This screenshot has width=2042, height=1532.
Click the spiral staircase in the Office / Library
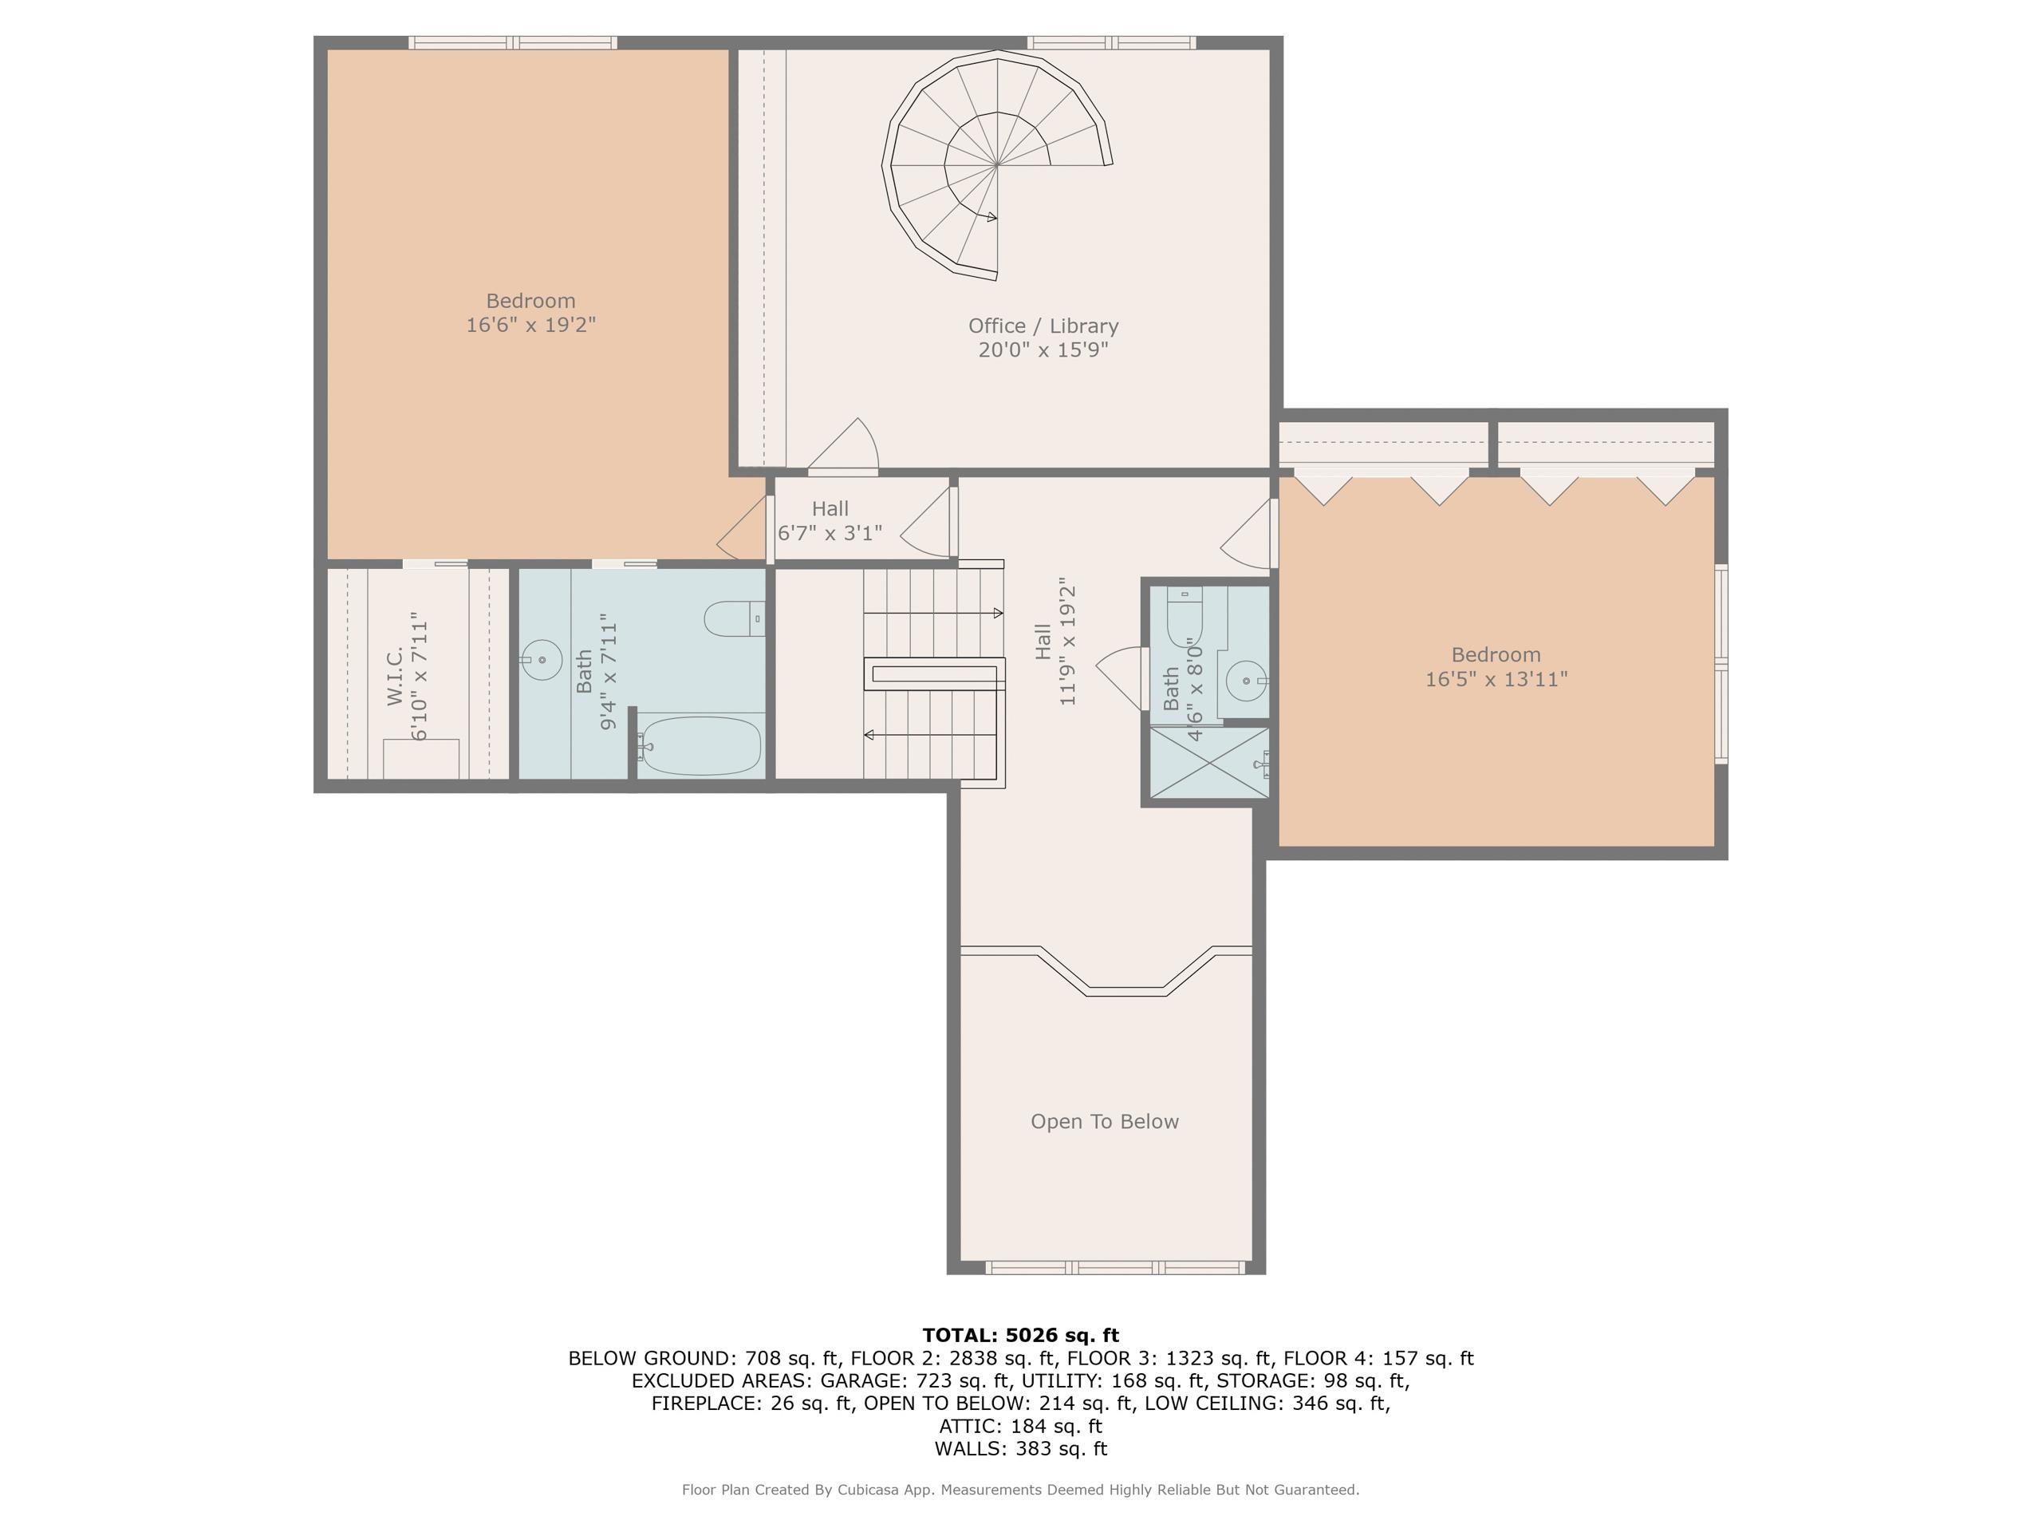point(996,164)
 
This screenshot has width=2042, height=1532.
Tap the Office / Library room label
point(1043,326)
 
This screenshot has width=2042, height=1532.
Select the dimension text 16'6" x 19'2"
point(530,325)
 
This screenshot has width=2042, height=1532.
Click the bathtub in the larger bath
point(700,745)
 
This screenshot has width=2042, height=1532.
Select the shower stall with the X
point(1209,763)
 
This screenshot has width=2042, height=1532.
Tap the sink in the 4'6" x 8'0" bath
point(1246,681)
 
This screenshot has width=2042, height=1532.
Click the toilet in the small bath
point(1185,611)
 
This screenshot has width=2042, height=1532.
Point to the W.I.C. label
point(395,676)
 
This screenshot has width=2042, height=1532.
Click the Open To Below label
point(1104,1121)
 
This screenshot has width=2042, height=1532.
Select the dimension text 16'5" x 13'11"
point(1496,680)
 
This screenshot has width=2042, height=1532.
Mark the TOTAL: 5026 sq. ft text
point(1020,1334)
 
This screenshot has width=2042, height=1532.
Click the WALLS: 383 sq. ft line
point(1020,1448)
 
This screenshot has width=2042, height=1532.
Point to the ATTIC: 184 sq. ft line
point(1020,1426)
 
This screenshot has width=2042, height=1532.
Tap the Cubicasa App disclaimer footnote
point(1020,1490)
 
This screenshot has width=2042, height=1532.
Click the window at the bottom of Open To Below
point(1114,1268)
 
